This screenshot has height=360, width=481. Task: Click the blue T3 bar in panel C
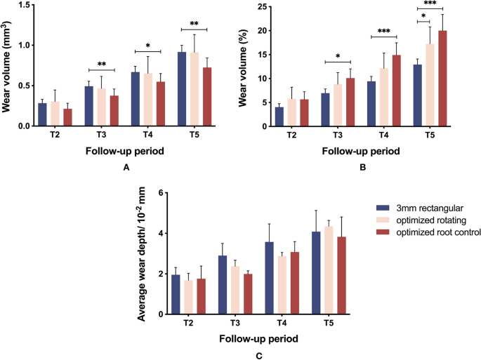pyautogui.click(x=202, y=285)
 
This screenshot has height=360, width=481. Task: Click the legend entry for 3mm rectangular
pyautogui.click(x=414, y=208)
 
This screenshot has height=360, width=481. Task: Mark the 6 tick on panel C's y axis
pyautogui.click(x=161, y=193)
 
